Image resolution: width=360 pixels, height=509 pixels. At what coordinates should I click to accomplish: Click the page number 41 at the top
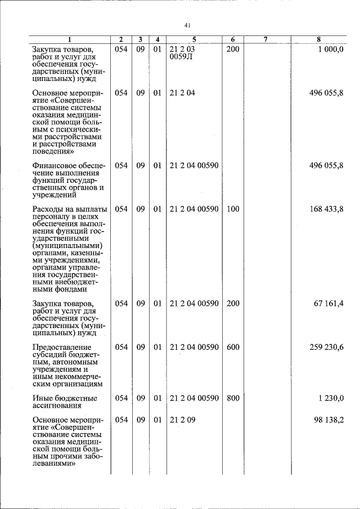[x=188, y=25]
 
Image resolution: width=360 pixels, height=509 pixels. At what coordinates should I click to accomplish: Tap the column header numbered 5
[x=193, y=39]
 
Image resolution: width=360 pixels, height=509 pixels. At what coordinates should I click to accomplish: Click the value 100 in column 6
[x=232, y=209]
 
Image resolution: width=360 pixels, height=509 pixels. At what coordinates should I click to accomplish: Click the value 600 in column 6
[x=232, y=348]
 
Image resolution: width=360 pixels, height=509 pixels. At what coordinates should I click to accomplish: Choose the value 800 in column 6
[x=232, y=398]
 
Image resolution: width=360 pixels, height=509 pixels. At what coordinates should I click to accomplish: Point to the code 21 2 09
[x=182, y=420]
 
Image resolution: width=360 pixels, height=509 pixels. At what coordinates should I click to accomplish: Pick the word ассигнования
[x=57, y=406]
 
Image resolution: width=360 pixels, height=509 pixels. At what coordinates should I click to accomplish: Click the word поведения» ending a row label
[x=54, y=151]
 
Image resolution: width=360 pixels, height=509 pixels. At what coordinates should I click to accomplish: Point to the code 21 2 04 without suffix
[x=182, y=93]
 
